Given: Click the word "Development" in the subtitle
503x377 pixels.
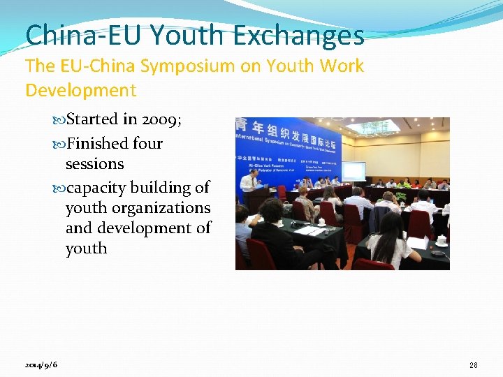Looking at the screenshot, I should click(x=80, y=90).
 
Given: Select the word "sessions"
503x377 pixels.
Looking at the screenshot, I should click(x=94, y=164).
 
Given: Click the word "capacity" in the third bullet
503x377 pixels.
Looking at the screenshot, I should click(x=97, y=188).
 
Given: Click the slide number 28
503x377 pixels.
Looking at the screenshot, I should click(x=473, y=365).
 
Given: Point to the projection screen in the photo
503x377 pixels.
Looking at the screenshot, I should click(x=353, y=170).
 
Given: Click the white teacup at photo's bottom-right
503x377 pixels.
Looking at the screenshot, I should click(x=442, y=239).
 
